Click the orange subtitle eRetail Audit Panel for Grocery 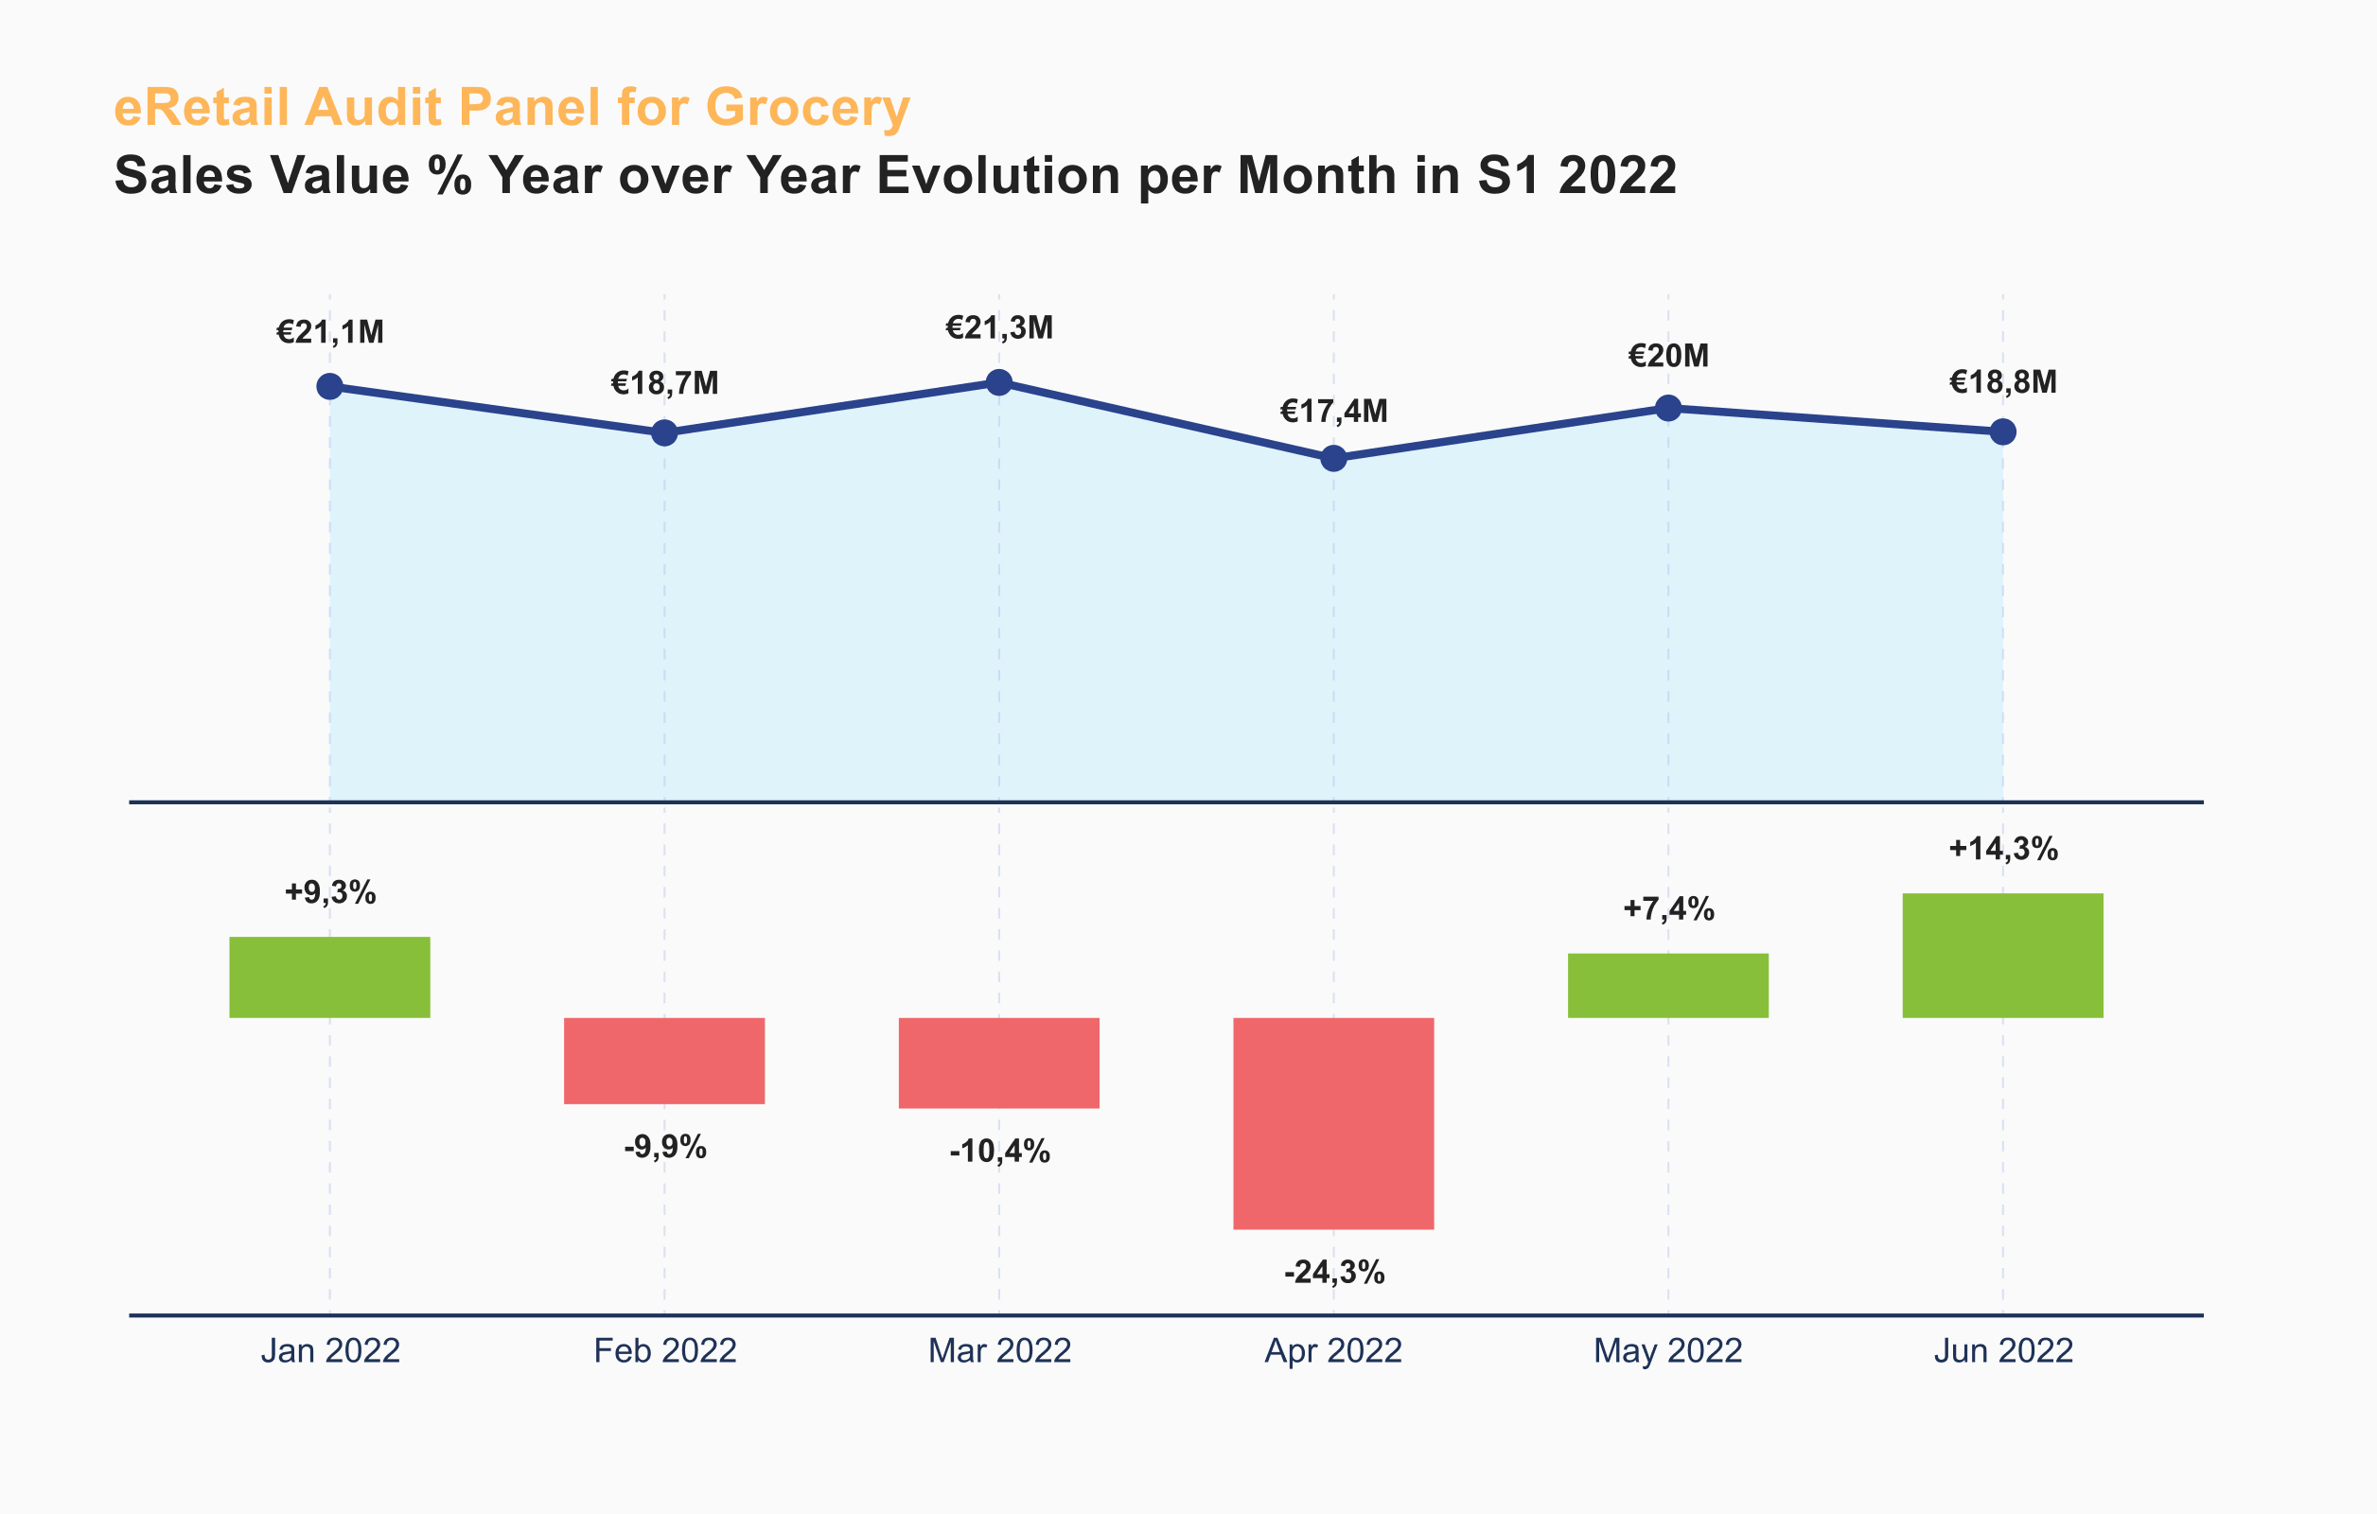click(511, 107)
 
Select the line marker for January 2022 click(329, 386)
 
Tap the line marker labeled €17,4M click(1333, 458)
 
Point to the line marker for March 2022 click(999, 382)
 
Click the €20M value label click(1668, 355)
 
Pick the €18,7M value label click(664, 383)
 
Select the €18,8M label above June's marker click(2003, 382)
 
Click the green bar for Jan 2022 click(329, 977)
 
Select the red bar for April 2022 click(1333, 1123)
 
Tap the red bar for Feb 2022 click(664, 1061)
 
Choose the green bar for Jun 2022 click(2003, 956)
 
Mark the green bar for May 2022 click(1668, 985)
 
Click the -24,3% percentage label click(1333, 1272)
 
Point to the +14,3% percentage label click(2003, 849)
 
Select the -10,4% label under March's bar click(999, 1151)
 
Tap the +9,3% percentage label click(329, 892)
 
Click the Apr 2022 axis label click(1333, 1350)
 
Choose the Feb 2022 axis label click(664, 1350)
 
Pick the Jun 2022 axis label click(2003, 1350)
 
